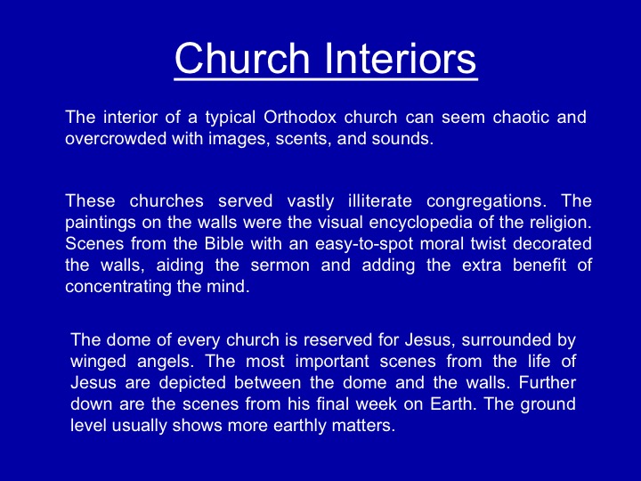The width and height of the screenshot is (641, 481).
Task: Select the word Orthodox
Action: coord(300,118)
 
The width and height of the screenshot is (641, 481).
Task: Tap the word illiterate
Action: coord(380,200)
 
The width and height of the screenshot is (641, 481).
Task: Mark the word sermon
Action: coord(280,265)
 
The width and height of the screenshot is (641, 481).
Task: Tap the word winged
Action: coord(98,362)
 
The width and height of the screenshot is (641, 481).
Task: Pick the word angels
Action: coord(164,362)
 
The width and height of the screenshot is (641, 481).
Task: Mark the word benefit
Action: coord(540,265)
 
